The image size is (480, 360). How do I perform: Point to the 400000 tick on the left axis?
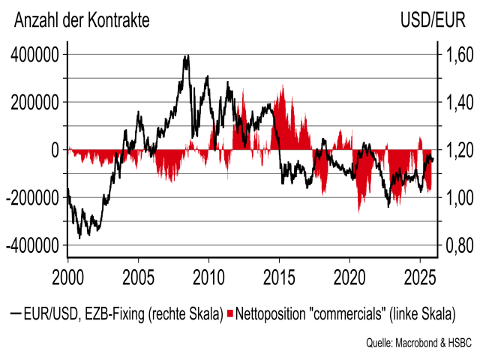click(34, 55)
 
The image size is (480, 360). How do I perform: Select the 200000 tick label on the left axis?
click(34, 102)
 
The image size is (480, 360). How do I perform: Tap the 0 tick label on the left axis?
click(55, 150)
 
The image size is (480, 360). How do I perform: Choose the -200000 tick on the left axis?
click(31, 198)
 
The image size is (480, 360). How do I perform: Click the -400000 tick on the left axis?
click(31, 245)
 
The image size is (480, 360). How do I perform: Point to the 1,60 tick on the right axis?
click(455, 55)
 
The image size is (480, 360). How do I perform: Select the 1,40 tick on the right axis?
click(455, 102)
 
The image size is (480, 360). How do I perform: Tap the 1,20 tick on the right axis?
click(455, 150)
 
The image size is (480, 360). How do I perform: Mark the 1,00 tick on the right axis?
click(455, 198)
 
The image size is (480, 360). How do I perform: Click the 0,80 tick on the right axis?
click(455, 245)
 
